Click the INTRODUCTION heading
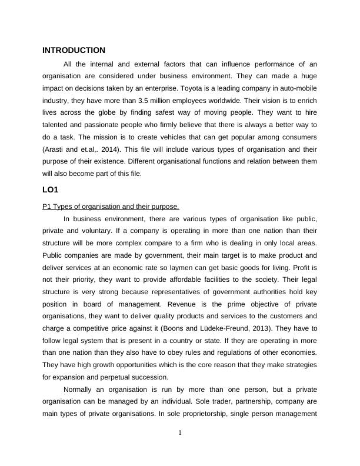point(74,51)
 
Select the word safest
point(184,112)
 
